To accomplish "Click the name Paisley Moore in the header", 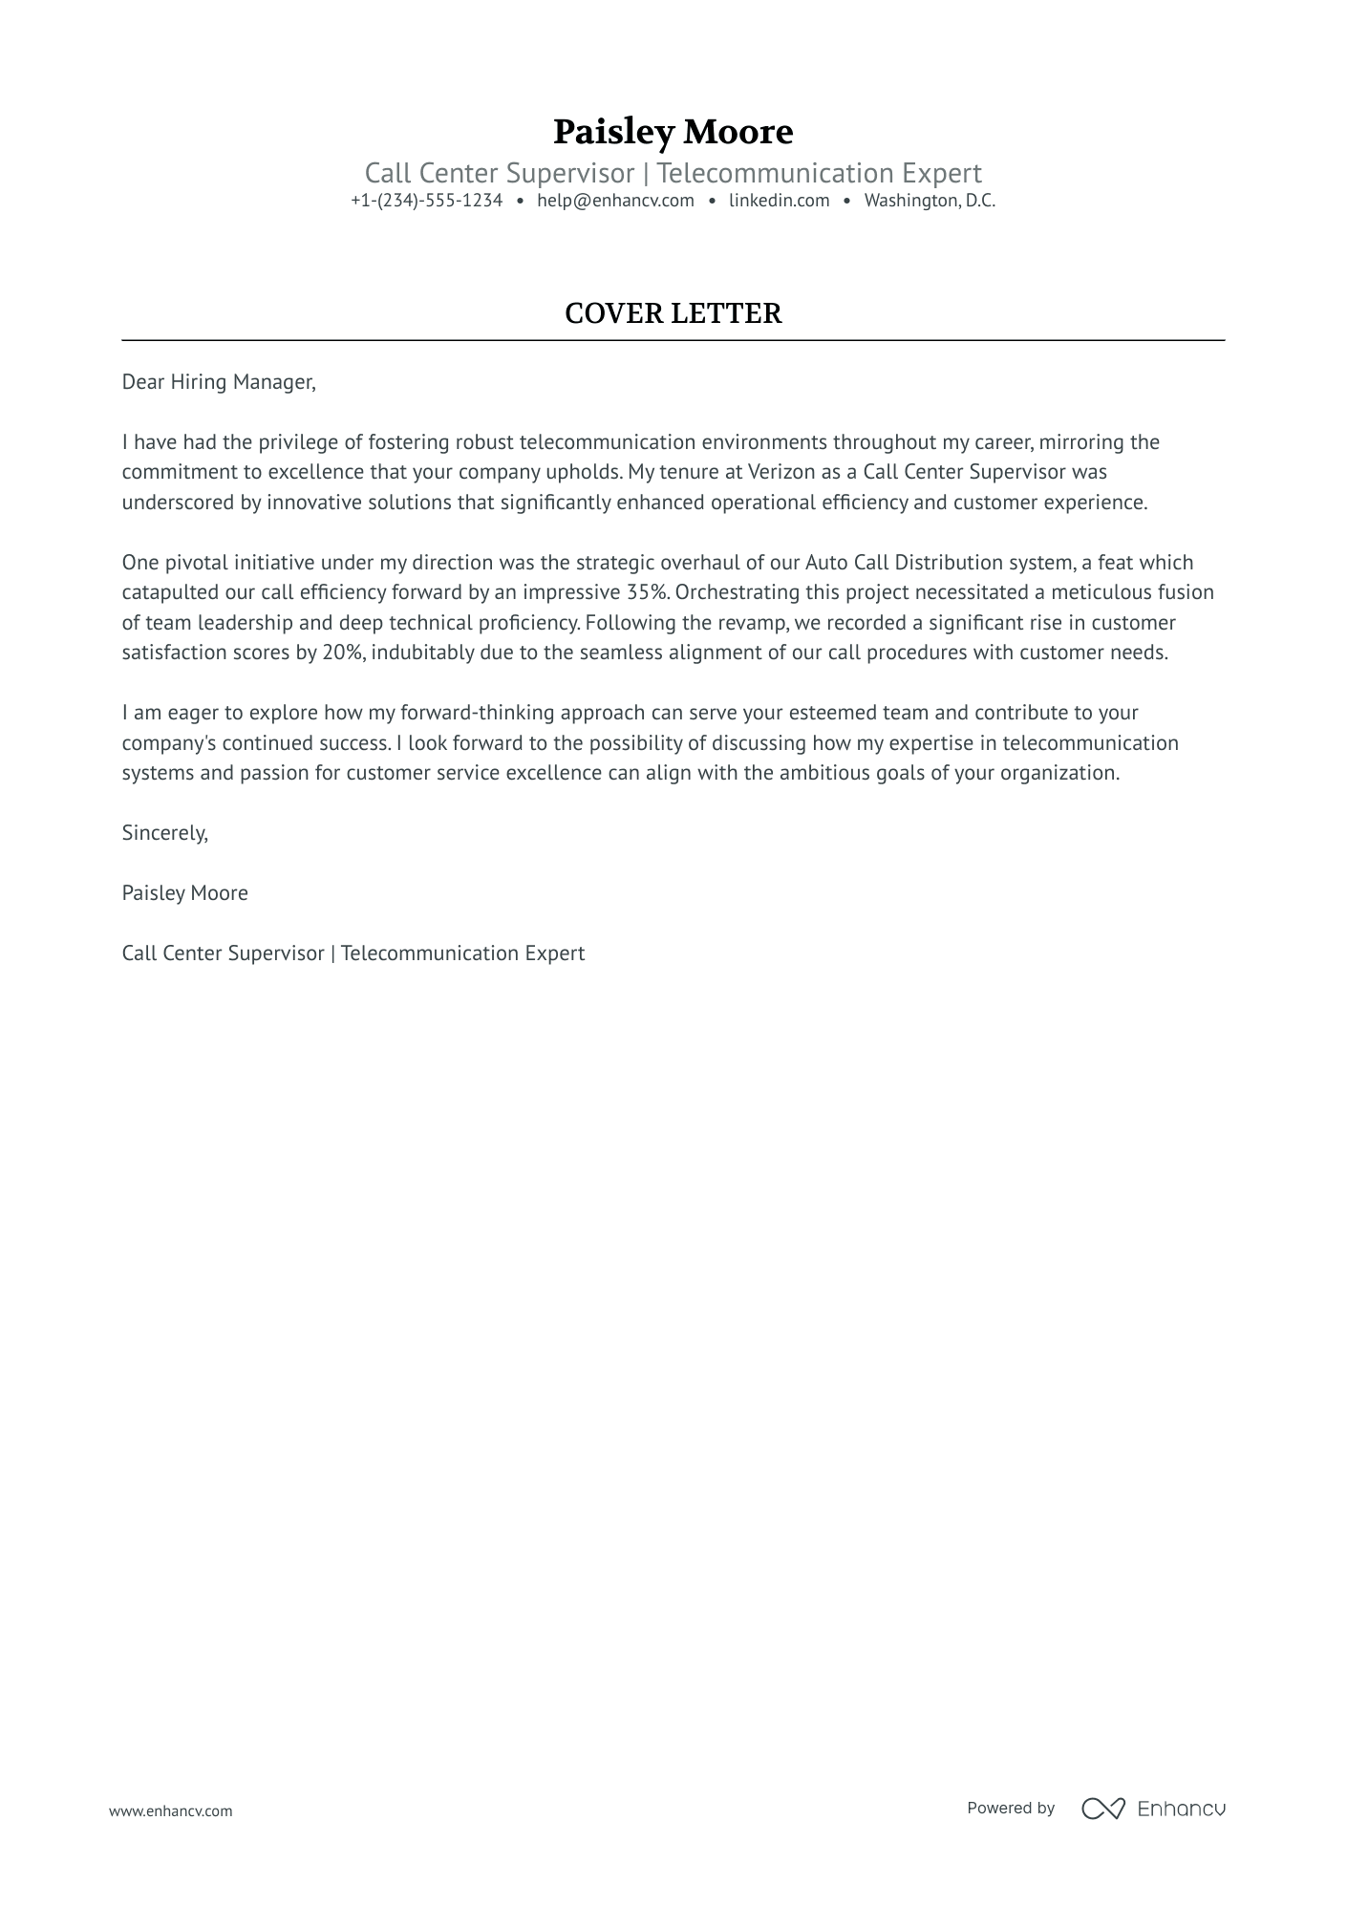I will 673,132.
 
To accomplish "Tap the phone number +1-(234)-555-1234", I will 426,201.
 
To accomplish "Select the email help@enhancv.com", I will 615,201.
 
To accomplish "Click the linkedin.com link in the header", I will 779,201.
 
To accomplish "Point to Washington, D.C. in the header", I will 930,201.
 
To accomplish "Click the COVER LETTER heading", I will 673,313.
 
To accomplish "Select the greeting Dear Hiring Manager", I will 218,382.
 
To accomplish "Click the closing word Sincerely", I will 164,833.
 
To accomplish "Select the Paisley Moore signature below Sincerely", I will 184,893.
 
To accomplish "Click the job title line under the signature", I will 353,953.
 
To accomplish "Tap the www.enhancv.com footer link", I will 170,1810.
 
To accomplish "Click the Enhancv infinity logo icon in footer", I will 1102,1808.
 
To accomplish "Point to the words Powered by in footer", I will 1010,1808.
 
